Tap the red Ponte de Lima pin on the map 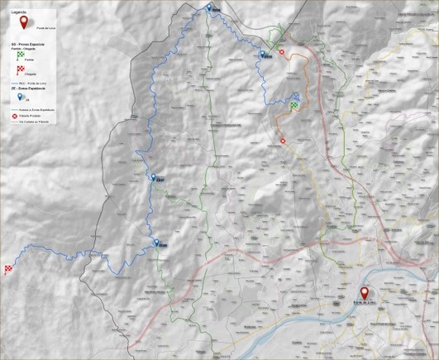(365, 293)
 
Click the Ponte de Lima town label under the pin (365, 306)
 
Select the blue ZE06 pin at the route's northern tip (208, 7)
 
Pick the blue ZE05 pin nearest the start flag (262, 55)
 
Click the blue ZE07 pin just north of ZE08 (151, 177)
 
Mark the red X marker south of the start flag (284, 141)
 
